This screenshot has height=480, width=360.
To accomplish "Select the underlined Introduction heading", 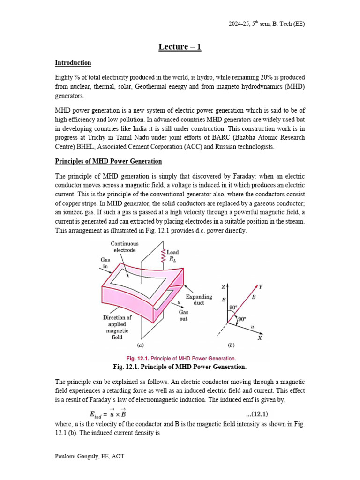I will [73, 63].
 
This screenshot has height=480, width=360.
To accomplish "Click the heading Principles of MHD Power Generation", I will [108, 161].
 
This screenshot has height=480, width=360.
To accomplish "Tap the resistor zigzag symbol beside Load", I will [163, 255].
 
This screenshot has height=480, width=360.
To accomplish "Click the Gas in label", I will [105, 262].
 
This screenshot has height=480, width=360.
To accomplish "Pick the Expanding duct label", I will [199, 300].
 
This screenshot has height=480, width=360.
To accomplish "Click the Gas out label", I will [183, 315].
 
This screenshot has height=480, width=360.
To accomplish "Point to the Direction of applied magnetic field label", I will [117, 327].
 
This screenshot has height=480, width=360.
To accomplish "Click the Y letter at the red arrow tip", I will [261, 286].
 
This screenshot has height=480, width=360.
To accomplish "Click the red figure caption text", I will [180, 358].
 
